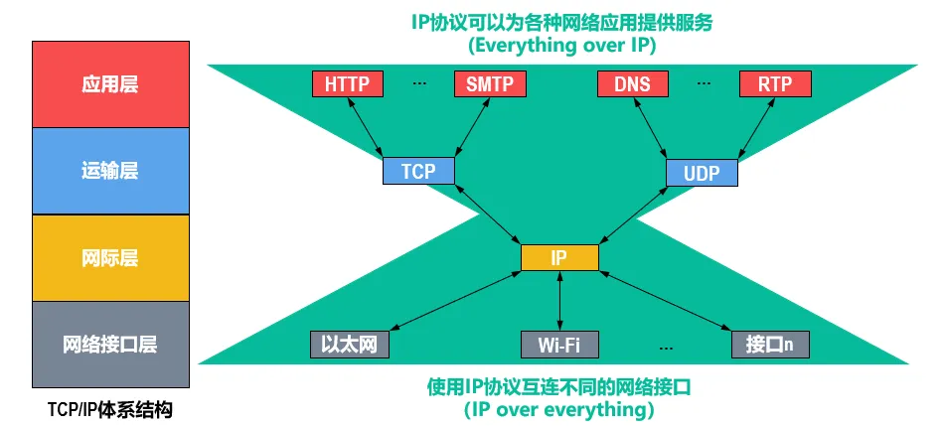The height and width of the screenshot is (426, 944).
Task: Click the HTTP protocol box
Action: point(347,84)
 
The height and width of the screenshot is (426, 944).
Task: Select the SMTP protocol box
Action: point(489,84)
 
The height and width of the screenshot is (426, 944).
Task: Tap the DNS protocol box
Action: point(632,84)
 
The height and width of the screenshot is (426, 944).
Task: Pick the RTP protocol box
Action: point(775,84)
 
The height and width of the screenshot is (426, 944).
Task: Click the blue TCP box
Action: point(418,171)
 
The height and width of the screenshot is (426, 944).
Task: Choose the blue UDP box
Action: point(703,173)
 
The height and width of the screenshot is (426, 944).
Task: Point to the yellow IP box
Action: point(559,257)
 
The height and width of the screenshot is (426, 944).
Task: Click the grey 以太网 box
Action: point(348,345)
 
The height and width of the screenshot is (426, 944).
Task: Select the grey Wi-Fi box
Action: point(559,345)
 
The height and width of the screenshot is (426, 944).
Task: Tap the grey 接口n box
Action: point(769,345)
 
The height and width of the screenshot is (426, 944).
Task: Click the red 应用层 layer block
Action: point(110,84)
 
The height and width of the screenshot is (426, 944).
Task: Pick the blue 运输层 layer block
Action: point(110,171)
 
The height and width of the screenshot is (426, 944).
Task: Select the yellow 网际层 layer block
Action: point(110,258)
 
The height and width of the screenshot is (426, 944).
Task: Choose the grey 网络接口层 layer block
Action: point(110,345)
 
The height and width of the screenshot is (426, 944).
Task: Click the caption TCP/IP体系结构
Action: point(110,408)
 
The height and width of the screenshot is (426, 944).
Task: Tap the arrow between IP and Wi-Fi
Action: point(559,301)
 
